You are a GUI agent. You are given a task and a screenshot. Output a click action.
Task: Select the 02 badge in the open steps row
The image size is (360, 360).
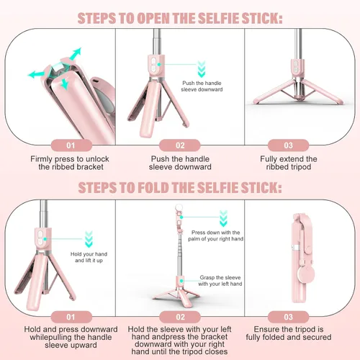180,145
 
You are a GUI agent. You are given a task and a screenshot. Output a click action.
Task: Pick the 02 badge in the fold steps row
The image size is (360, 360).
180,315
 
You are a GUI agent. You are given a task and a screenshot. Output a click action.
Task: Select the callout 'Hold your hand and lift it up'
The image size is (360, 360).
89,258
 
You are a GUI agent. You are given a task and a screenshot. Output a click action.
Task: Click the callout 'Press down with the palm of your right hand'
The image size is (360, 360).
217,236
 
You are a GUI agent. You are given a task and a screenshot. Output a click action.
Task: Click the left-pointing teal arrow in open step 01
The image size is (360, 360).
34,73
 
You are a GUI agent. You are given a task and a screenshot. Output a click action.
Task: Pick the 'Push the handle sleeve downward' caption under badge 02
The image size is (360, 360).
180,163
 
